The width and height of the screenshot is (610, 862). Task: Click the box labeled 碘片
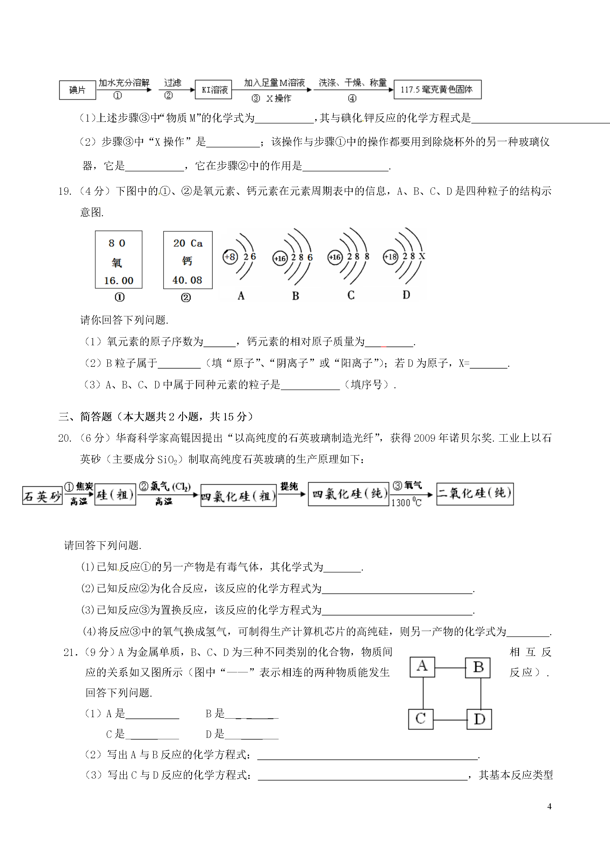(x=77, y=90)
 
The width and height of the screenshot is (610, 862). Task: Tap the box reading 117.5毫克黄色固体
(x=437, y=89)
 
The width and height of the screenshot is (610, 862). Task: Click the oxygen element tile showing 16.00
(x=118, y=260)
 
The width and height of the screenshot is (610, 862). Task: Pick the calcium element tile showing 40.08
(x=188, y=260)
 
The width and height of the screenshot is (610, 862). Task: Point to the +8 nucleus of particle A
(x=230, y=257)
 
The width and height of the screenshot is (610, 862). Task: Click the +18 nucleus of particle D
(x=390, y=257)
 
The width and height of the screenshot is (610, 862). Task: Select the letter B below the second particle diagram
(x=295, y=296)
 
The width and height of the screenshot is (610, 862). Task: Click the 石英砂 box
(x=42, y=495)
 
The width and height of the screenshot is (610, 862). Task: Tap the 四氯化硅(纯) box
(x=348, y=494)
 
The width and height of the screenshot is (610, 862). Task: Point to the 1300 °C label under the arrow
(x=406, y=502)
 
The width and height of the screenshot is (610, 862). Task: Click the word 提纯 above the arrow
(x=289, y=486)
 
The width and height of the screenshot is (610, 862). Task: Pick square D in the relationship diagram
(x=479, y=719)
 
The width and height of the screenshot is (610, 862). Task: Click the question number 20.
(x=65, y=438)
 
